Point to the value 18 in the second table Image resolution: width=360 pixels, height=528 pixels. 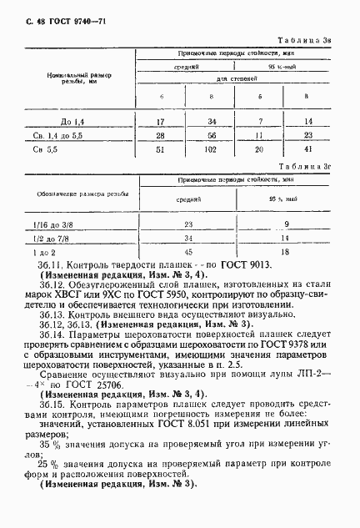286,251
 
